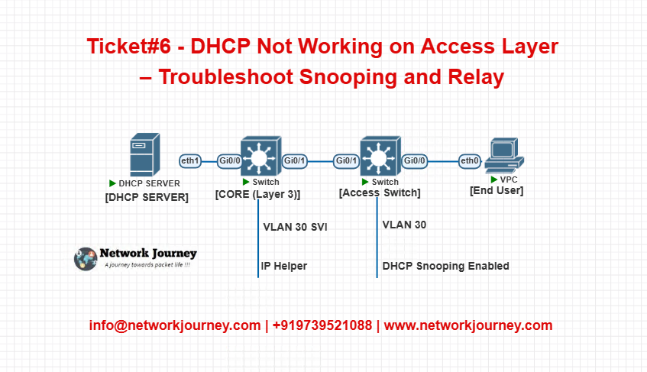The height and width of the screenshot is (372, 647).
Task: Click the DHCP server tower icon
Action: pos(145,154)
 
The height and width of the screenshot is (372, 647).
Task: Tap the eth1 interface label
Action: pos(190,161)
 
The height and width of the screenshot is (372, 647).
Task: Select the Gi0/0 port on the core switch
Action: pos(229,161)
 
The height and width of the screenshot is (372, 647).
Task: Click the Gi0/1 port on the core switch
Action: pos(295,161)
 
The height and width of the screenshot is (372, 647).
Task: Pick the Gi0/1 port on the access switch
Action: pos(346,161)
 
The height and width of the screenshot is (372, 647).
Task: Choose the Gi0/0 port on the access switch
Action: pos(414,161)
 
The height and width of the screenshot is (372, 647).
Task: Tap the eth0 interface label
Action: pos(470,161)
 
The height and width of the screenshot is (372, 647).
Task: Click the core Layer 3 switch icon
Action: pos(260,157)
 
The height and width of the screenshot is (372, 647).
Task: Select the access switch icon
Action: pos(380,157)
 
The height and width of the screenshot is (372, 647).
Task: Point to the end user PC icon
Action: pos(504,156)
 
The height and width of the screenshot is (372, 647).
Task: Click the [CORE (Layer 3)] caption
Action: pos(258,194)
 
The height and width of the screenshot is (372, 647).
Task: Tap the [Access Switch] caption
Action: pos(380,192)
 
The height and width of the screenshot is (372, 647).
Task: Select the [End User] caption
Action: pos(497,190)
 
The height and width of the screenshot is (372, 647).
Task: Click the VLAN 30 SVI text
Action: pos(296,227)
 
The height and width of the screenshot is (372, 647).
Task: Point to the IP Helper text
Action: pos(284,266)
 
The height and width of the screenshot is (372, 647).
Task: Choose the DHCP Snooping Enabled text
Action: pos(445,266)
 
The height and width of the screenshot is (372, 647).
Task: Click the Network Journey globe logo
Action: pos(86,259)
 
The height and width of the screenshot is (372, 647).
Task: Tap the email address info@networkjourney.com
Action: pos(175,325)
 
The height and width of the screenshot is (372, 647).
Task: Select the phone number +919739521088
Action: pos(322,325)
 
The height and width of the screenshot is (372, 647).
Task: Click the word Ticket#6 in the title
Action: pos(129,46)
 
